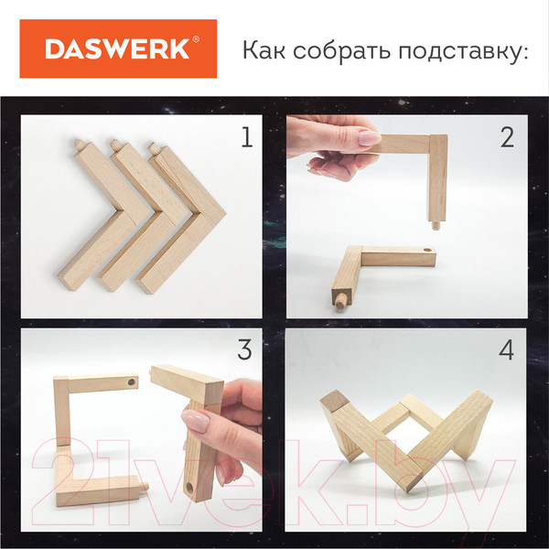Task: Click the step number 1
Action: coord(244,138)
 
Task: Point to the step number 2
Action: coord(507,137)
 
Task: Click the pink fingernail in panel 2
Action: coord(368,138)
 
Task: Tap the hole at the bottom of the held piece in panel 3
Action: coord(189,488)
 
